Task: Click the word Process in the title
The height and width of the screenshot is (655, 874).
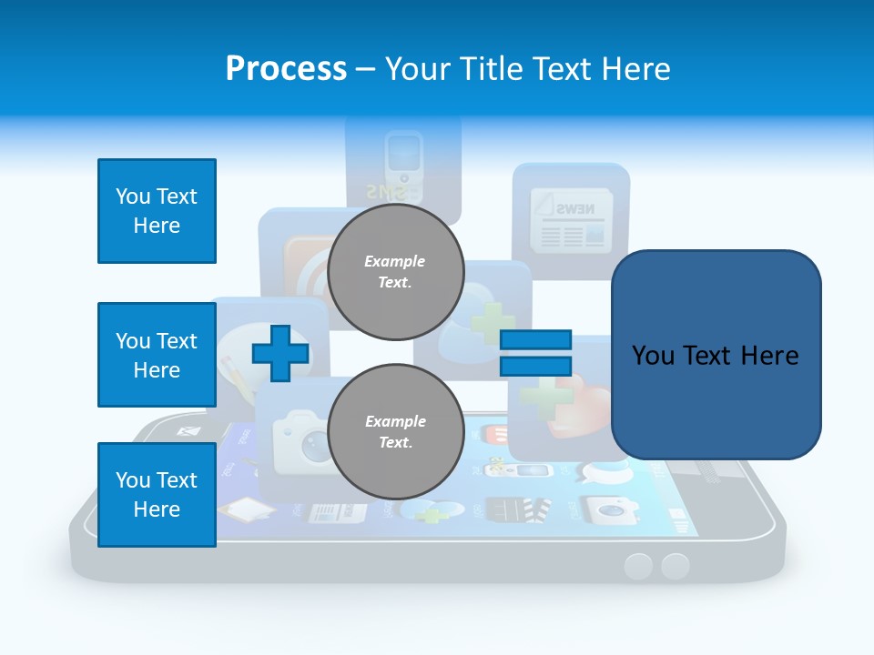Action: pos(286,69)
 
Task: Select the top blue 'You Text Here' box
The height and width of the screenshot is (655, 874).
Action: pos(157,211)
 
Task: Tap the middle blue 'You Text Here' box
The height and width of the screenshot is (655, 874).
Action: pos(157,355)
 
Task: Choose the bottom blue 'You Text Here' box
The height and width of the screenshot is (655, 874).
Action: pos(157,495)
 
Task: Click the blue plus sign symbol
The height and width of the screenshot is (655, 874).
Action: pos(279,352)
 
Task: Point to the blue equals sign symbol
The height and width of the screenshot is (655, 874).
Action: pos(535,353)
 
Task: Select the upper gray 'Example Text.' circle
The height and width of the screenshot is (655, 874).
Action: pos(395,272)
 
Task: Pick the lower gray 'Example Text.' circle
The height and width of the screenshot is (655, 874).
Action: pos(395,432)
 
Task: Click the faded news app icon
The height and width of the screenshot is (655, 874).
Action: pos(571,218)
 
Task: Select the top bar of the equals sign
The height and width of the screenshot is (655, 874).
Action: pos(535,340)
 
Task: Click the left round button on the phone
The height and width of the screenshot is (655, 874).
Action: pos(638,566)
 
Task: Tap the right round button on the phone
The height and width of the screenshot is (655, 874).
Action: pos(675,566)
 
